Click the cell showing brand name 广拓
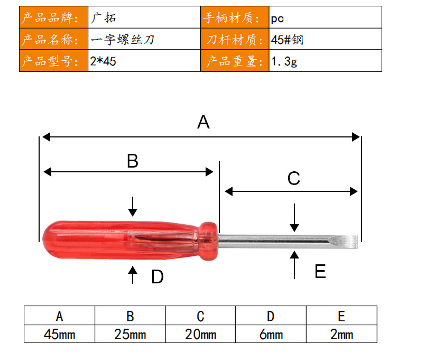coord(144,17)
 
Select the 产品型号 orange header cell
coord(53,61)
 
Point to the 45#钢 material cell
coord(325,39)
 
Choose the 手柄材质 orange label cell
coord(235,17)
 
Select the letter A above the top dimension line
coord(203,122)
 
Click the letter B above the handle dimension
coord(133,161)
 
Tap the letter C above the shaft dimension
coord(294,178)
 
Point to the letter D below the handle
coord(158,277)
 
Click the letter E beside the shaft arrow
coord(320,271)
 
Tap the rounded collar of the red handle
coord(209,241)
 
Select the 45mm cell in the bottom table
coord(60,334)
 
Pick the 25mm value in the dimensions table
coord(130,334)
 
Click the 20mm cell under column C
coord(200,334)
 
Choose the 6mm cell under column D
coord(271,334)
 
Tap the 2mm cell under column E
coord(341,334)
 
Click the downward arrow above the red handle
coord(133,207)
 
